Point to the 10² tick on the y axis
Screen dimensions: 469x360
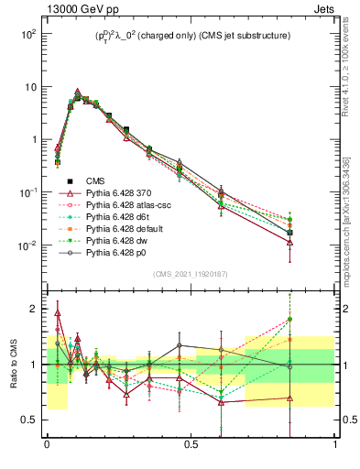click(x=28, y=34)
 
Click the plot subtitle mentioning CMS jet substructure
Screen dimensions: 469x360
click(x=191, y=36)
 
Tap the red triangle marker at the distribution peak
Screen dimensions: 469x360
click(x=77, y=93)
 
